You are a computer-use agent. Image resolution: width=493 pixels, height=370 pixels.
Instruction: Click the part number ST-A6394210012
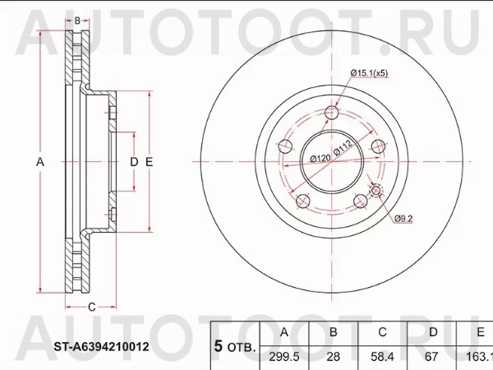coord(103,347)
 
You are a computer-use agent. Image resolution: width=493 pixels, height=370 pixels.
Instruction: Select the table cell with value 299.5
coord(284,357)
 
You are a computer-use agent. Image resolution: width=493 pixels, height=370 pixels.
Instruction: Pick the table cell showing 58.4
coord(382,357)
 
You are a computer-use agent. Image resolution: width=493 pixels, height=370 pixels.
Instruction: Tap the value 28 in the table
coord(333,357)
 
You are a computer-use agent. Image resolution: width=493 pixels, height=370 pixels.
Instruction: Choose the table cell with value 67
coord(431,357)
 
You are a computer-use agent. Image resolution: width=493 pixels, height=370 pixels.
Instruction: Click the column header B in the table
coord(333,332)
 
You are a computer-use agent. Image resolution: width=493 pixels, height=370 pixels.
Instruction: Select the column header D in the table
coord(431,332)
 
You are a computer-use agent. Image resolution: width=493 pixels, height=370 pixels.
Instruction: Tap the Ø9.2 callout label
coord(405,219)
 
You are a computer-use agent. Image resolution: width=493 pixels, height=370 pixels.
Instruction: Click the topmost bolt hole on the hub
coord(331,113)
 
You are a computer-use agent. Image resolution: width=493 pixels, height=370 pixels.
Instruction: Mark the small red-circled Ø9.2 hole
coord(376,192)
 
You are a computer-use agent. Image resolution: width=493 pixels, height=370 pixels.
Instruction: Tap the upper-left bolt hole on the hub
coord(285,146)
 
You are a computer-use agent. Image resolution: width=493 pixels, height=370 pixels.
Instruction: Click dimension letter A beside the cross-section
coord(39,162)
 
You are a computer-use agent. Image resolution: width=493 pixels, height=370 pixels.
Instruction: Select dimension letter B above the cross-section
coord(76,20)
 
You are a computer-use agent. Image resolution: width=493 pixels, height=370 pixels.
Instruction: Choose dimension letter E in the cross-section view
coord(149,162)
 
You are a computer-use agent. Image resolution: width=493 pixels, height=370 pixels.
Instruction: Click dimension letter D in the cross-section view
coord(133,162)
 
